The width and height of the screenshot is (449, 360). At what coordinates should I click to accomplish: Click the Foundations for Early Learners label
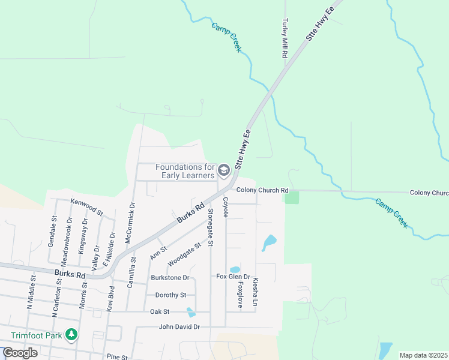coord(185,171)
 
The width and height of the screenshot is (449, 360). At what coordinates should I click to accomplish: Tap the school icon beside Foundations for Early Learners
coord(224,171)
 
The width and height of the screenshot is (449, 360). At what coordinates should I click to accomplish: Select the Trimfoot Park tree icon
coord(71,334)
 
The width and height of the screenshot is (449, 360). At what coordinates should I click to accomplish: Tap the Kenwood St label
coord(87,207)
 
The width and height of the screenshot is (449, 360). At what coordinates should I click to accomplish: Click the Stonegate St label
coord(211,227)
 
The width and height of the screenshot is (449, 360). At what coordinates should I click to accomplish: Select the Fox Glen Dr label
coord(233,276)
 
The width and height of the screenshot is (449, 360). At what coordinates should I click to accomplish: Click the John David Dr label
coord(179,327)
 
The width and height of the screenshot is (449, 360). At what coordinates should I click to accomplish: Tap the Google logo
coord(20,352)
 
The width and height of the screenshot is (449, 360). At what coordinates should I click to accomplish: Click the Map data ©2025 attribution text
coord(423,355)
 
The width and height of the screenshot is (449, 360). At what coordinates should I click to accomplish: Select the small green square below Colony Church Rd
coord(291,197)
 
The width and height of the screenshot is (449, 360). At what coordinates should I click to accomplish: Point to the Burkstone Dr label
coord(170,278)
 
